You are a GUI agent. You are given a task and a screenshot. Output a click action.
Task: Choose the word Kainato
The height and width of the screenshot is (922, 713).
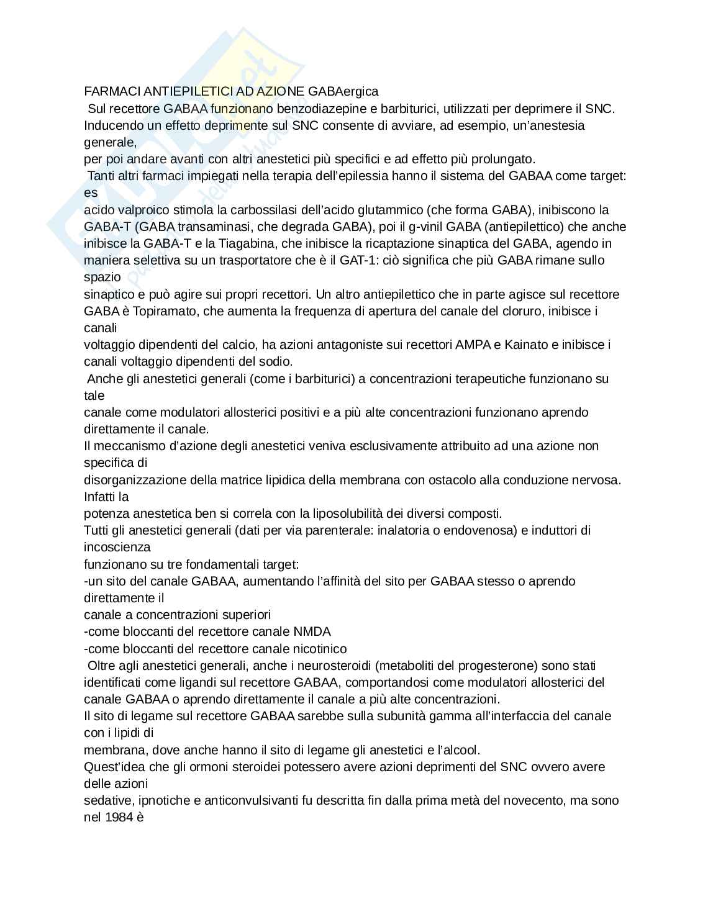[x=527, y=345]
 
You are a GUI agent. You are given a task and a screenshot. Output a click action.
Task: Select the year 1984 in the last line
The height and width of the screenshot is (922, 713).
[x=119, y=817]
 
